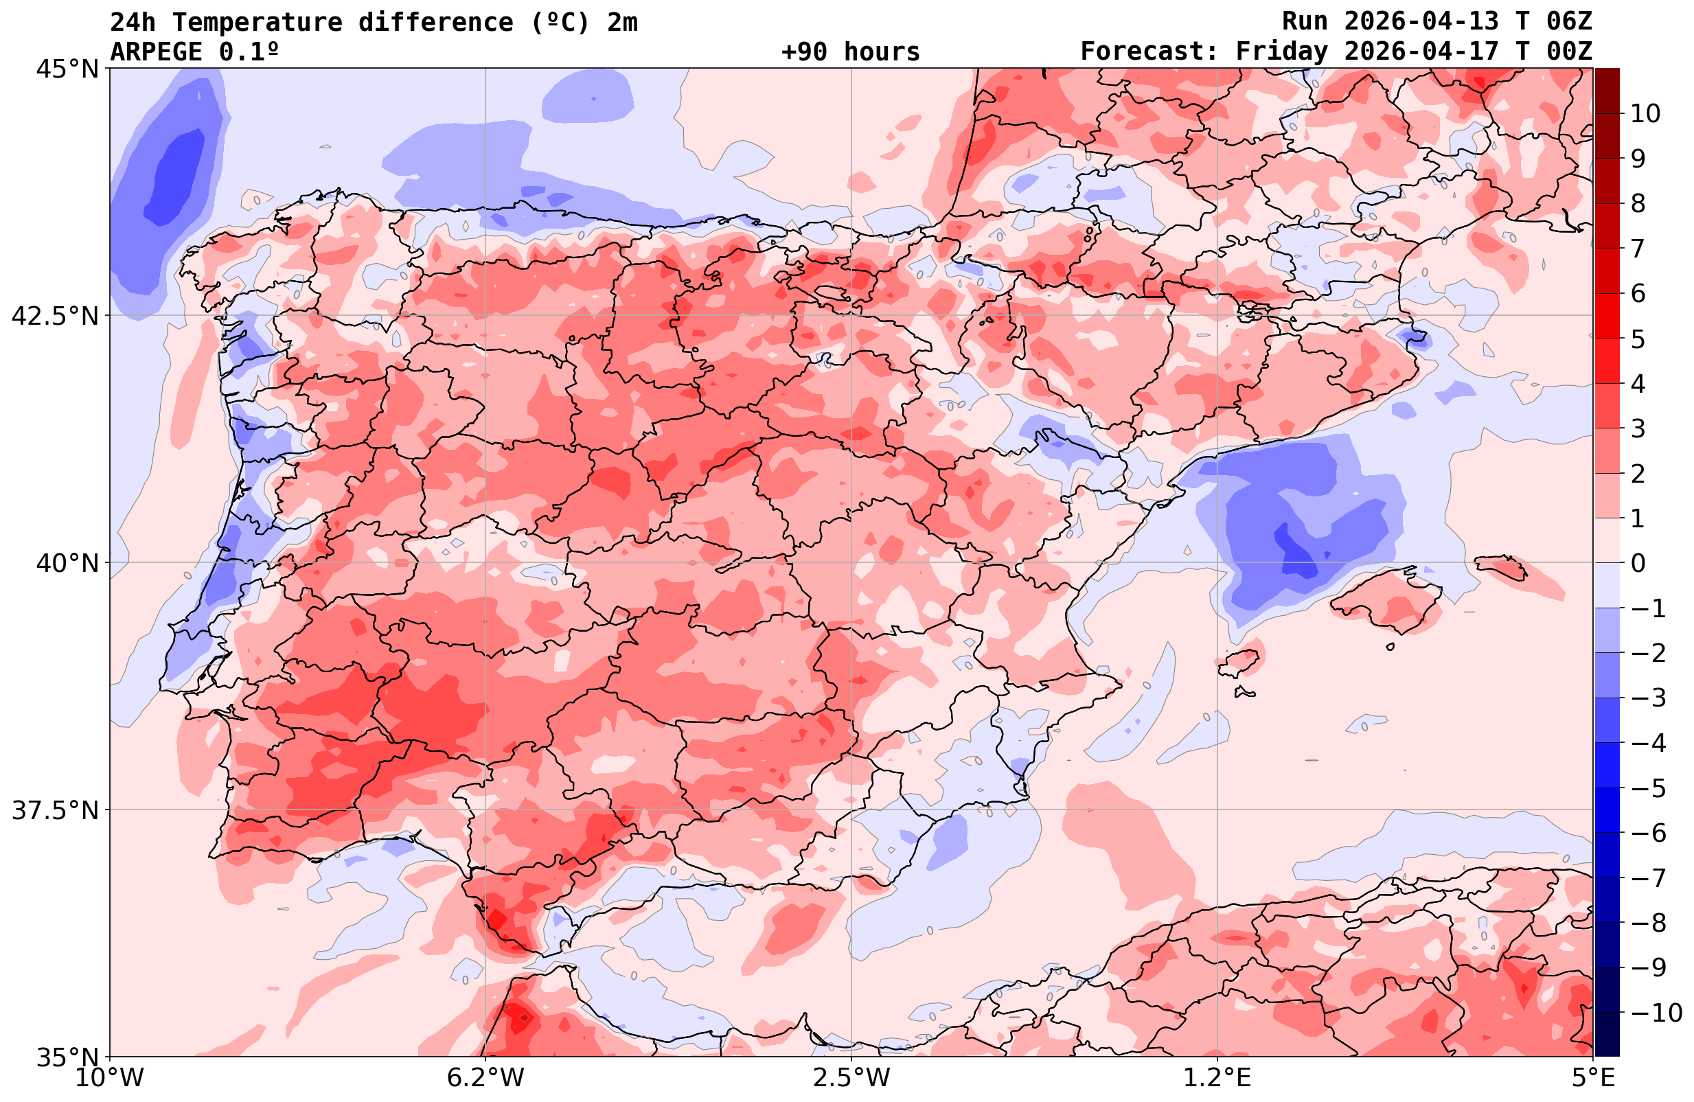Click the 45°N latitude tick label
click(66, 70)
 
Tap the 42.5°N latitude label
click(55, 316)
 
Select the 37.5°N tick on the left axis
click(55, 811)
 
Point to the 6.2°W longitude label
click(485, 1078)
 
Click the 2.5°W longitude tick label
click(851, 1078)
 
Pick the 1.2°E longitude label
click(1217, 1078)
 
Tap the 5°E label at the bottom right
click(1592, 1078)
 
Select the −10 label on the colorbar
click(1656, 1012)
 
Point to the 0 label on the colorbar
click(1638, 563)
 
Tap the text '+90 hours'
click(851, 52)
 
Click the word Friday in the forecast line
click(1281, 52)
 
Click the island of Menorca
click(1500, 566)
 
